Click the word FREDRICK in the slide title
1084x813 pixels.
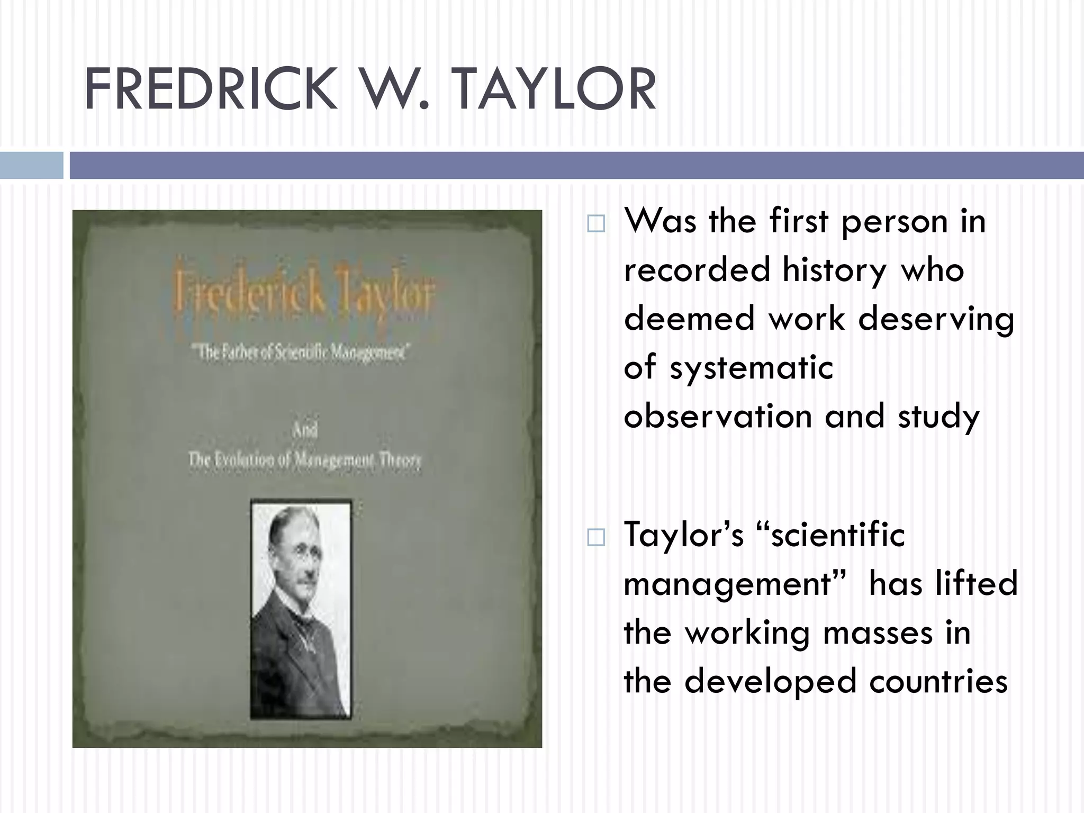pos(211,90)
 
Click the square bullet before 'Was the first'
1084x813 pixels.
pos(596,224)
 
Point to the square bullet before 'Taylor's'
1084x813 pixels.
pos(596,538)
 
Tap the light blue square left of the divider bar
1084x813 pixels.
pos(31,165)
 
